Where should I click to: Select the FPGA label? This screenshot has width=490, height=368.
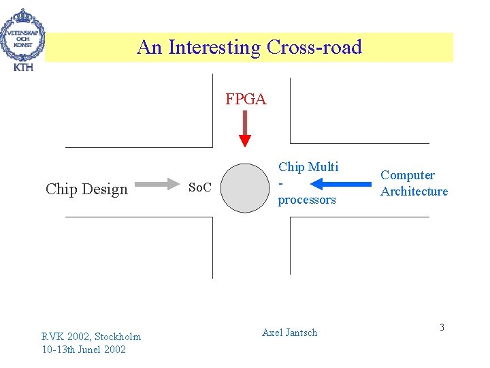(x=246, y=99)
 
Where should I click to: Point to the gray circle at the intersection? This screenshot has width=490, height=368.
(x=246, y=187)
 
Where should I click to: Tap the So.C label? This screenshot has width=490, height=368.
(x=199, y=187)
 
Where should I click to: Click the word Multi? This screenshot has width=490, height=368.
(x=323, y=167)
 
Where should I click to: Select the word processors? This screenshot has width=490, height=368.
(x=307, y=200)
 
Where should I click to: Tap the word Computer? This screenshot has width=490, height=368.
(x=408, y=175)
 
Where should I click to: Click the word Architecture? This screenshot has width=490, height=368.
(x=414, y=191)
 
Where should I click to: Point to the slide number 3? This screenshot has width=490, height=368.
(x=442, y=328)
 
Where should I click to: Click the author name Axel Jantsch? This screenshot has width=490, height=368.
(x=289, y=333)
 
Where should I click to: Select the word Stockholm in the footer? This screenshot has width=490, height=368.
(x=118, y=337)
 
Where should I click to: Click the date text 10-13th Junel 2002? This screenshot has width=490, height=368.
(x=84, y=350)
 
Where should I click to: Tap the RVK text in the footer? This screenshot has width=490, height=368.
(x=52, y=337)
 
